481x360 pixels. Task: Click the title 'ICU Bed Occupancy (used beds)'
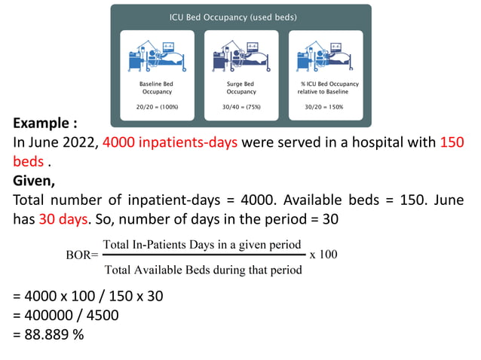click(x=240, y=17)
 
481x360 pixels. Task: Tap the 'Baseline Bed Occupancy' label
click(x=156, y=87)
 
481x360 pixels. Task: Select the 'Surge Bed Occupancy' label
click(x=240, y=87)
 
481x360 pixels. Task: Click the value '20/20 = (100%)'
click(x=156, y=107)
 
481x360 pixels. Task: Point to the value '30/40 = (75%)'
click(x=240, y=107)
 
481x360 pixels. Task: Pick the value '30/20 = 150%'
click(x=325, y=107)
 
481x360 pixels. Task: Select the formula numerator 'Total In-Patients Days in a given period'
click(x=202, y=245)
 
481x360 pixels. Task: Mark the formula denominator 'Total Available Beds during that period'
click(x=202, y=269)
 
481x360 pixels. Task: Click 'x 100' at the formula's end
click(x=323, y=254)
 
